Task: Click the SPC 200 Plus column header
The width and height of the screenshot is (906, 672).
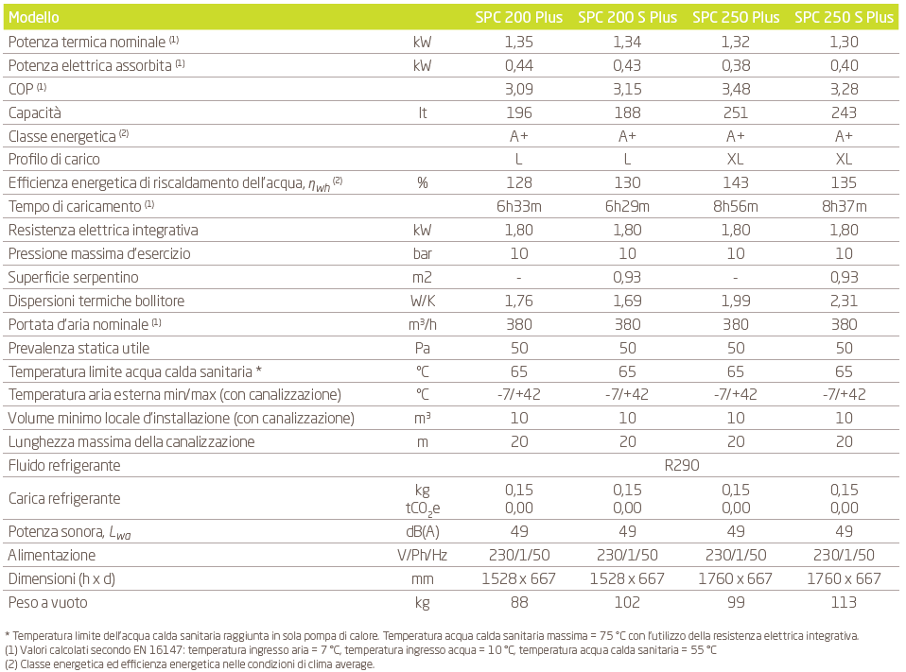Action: (x=519, y=17)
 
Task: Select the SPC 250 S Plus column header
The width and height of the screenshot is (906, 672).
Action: (x=844, y=17)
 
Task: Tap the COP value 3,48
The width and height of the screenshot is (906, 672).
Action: (x=736, y=89)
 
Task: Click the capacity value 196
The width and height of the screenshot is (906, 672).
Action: (x=519, y=112)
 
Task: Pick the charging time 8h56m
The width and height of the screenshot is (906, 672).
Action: (x=736, y=206)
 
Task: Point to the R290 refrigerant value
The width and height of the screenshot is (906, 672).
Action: (x=682, y=465)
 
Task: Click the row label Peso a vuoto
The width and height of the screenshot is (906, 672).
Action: (x=48, y=603)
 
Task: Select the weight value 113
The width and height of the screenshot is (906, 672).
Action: (x=844, y=603)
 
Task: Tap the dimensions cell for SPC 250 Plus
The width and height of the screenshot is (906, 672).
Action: (x=735, y=579)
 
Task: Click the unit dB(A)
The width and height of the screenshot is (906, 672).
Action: (x=423, y=532)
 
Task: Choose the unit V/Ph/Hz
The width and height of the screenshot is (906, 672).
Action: (x=423, y=556)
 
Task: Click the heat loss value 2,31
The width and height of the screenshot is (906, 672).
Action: (x=844, y=301)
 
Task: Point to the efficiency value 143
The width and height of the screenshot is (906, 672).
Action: (x=736, y=183)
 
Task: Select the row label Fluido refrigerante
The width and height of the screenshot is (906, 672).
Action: (x=64, y=465)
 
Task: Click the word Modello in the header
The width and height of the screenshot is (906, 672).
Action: (x=33, y=17)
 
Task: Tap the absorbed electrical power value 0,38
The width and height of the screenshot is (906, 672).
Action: (x=736, y=65)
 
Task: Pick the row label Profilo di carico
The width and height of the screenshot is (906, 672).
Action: (x=54, y=160)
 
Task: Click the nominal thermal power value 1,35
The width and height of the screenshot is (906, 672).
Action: (x=519, y=42)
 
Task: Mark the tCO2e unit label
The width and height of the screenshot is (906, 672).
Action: (x=423, y=508)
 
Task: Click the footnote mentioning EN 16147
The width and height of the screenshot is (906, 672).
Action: (x=360, y=650)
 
